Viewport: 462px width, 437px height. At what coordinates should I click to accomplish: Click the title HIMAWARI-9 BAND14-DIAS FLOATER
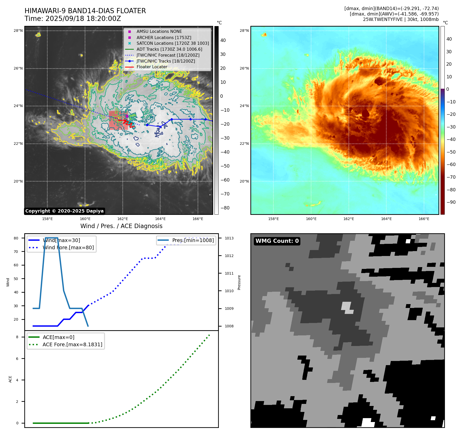tap(85, 11)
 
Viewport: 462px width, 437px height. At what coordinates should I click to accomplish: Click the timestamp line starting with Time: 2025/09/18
tap(73, 19)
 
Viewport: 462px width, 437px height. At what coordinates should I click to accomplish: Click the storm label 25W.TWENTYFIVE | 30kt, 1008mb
tap(401, 19)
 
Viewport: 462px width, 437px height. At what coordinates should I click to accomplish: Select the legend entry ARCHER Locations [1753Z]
tap(164, 37)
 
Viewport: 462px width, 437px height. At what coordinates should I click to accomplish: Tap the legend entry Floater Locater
tap(152, 67)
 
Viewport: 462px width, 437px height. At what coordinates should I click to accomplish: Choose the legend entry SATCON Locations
tap(173, 43)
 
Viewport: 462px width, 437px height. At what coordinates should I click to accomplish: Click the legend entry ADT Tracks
tap(169, 49)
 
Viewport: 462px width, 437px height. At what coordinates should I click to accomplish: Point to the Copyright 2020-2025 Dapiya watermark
tap(64, 211)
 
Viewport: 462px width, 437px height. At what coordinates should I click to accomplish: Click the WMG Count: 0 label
tap(277, 241)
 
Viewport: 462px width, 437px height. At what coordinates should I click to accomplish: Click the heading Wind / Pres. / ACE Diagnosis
tap(121, 226)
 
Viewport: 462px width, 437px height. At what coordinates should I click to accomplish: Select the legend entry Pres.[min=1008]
tap(193, 240)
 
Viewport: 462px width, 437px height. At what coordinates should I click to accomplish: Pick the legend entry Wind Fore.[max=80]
tap(68, 247)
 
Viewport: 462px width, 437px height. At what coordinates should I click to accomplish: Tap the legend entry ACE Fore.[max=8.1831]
tap(72, 344)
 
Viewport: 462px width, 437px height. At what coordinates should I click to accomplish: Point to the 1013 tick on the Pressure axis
tap(229, 238)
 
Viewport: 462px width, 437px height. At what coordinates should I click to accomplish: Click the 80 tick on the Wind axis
tap(16, 238)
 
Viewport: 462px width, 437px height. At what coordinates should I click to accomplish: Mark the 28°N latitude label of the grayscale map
tap(18, 31)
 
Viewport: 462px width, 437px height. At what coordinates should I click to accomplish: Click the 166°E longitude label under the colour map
tap(424, 219)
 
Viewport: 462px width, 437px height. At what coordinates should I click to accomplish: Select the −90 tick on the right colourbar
tap(451, 202)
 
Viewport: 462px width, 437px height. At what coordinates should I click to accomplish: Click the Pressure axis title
tap(239, 282)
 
